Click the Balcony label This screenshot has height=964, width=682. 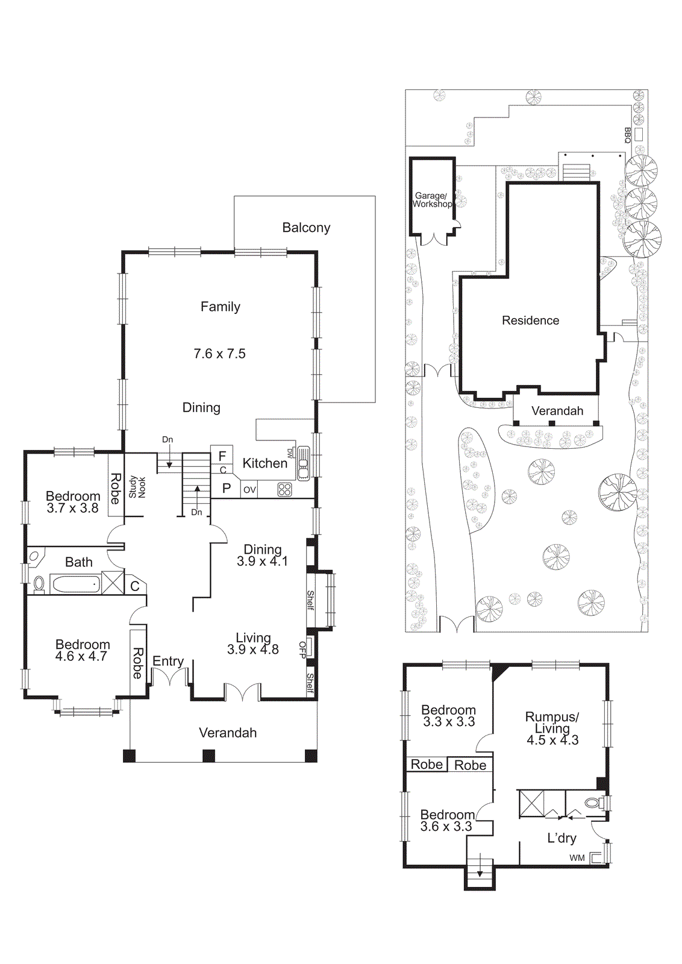point(306,228)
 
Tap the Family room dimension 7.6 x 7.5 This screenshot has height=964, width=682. point(219,354)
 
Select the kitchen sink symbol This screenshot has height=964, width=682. point(303,463)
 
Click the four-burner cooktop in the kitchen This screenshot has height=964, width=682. point(284,490)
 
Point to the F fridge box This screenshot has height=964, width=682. point(222,456)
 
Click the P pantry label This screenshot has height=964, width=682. point(227,489)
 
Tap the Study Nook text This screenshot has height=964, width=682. point(137,487)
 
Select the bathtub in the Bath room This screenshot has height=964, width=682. point(75,584)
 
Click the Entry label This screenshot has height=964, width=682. point(167,661)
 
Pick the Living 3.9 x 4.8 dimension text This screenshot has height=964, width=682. point(252,649)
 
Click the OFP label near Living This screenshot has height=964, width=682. point(302,649)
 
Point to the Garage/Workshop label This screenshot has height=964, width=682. point(431,200)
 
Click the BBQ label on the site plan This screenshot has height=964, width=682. point(627,135)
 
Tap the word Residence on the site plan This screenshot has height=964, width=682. point(530,321)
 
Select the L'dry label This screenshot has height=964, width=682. point(562,838)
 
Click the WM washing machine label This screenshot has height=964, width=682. point(577,858)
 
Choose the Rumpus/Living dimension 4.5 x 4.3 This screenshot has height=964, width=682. point(552,740)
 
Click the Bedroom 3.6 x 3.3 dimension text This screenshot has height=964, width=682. point(446,827)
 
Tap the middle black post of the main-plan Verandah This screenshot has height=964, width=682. point(208,756)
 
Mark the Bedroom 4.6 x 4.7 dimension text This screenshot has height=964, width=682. point(81,656)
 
